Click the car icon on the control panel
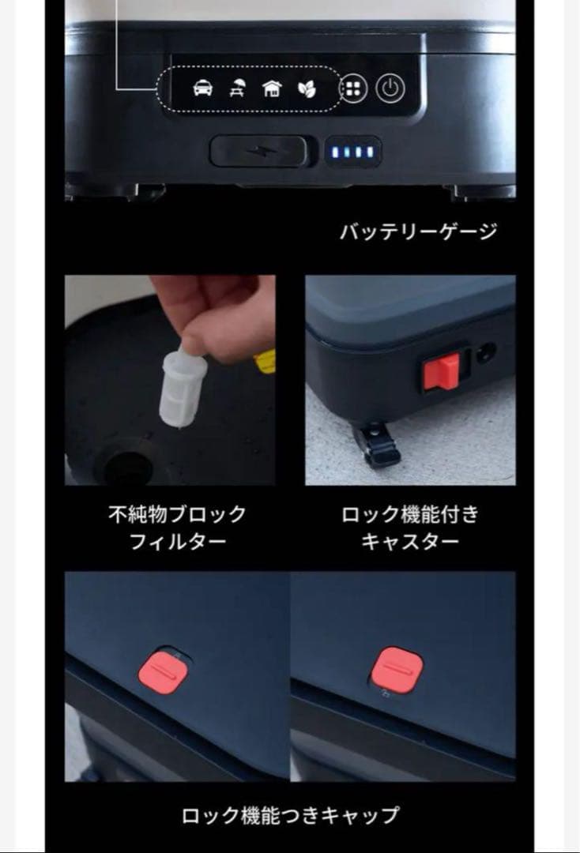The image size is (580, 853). (x=203, y=88)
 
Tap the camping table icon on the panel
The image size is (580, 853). (x=236, y=88)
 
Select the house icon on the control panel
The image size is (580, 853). (x=271, y=88)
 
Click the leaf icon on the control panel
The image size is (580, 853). (x=306, y=88)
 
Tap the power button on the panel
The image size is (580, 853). (x=389, y=88)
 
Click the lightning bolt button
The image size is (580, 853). (x=259, y=150)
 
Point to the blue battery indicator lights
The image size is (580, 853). (x=353, y=151)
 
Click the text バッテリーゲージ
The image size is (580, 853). (x=419, y=231)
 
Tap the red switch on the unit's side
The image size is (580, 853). (x=441, y=370)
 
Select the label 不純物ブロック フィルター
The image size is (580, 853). (x=177, y=528)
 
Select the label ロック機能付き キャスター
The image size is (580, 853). (x=410, y=528)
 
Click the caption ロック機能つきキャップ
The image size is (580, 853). (x=290, y=815)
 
